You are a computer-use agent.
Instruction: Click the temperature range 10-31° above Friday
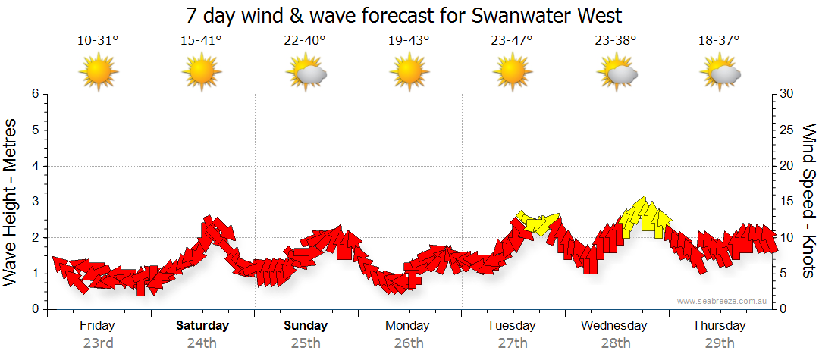98,41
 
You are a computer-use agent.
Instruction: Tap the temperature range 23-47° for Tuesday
512,41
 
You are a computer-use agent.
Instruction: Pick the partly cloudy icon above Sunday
306,73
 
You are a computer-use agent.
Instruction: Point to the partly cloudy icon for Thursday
720,73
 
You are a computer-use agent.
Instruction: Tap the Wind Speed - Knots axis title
808,201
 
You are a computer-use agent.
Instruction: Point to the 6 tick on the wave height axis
34,94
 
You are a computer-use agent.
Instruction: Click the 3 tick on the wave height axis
34,202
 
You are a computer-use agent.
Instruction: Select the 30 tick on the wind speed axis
787,94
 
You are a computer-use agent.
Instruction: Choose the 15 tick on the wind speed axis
787,202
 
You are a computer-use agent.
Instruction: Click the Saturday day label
202,326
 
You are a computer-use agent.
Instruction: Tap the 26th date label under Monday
409,343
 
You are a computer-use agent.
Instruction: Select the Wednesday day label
614,326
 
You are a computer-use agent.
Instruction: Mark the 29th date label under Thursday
719,343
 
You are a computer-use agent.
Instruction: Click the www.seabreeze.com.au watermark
723,301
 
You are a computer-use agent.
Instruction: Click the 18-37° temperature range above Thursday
720,41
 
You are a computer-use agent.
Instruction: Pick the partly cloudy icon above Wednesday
617,73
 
